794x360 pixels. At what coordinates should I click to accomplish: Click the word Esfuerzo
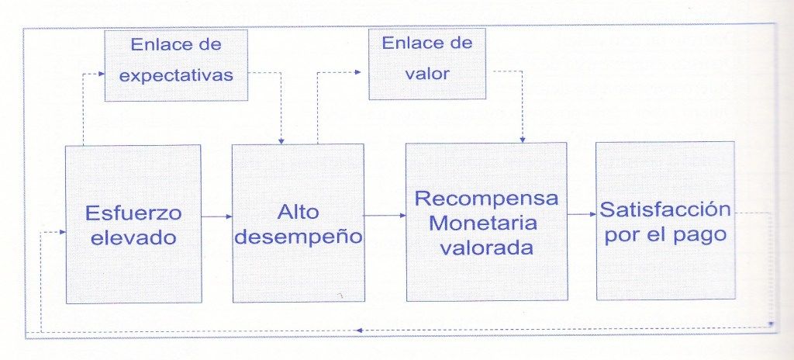tap(133, 213)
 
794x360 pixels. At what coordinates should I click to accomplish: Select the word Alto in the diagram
tap(298, 213)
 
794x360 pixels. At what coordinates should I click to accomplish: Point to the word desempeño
tap(298, 237)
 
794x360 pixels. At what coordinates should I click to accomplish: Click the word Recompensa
tap(486, 198)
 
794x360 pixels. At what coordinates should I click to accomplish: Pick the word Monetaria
tap(486, 223)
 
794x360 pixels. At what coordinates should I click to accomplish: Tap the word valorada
tap(486, 248)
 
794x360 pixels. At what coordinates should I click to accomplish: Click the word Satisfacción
tap(665, 210)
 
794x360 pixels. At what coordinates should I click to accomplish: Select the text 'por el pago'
tap(665, 234)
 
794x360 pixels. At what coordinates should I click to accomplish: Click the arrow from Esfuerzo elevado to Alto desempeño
tap(216, 216)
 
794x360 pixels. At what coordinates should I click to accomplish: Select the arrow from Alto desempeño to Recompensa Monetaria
tap(385, 215)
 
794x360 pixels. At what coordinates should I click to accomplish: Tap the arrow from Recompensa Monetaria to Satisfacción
tap(581, 213)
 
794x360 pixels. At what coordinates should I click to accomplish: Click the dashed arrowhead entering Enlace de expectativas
tap(101, 72)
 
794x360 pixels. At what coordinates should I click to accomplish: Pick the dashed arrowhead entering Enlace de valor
tap(358, 73)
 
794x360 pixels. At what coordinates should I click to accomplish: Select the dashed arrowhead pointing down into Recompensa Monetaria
tap(523, 139)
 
